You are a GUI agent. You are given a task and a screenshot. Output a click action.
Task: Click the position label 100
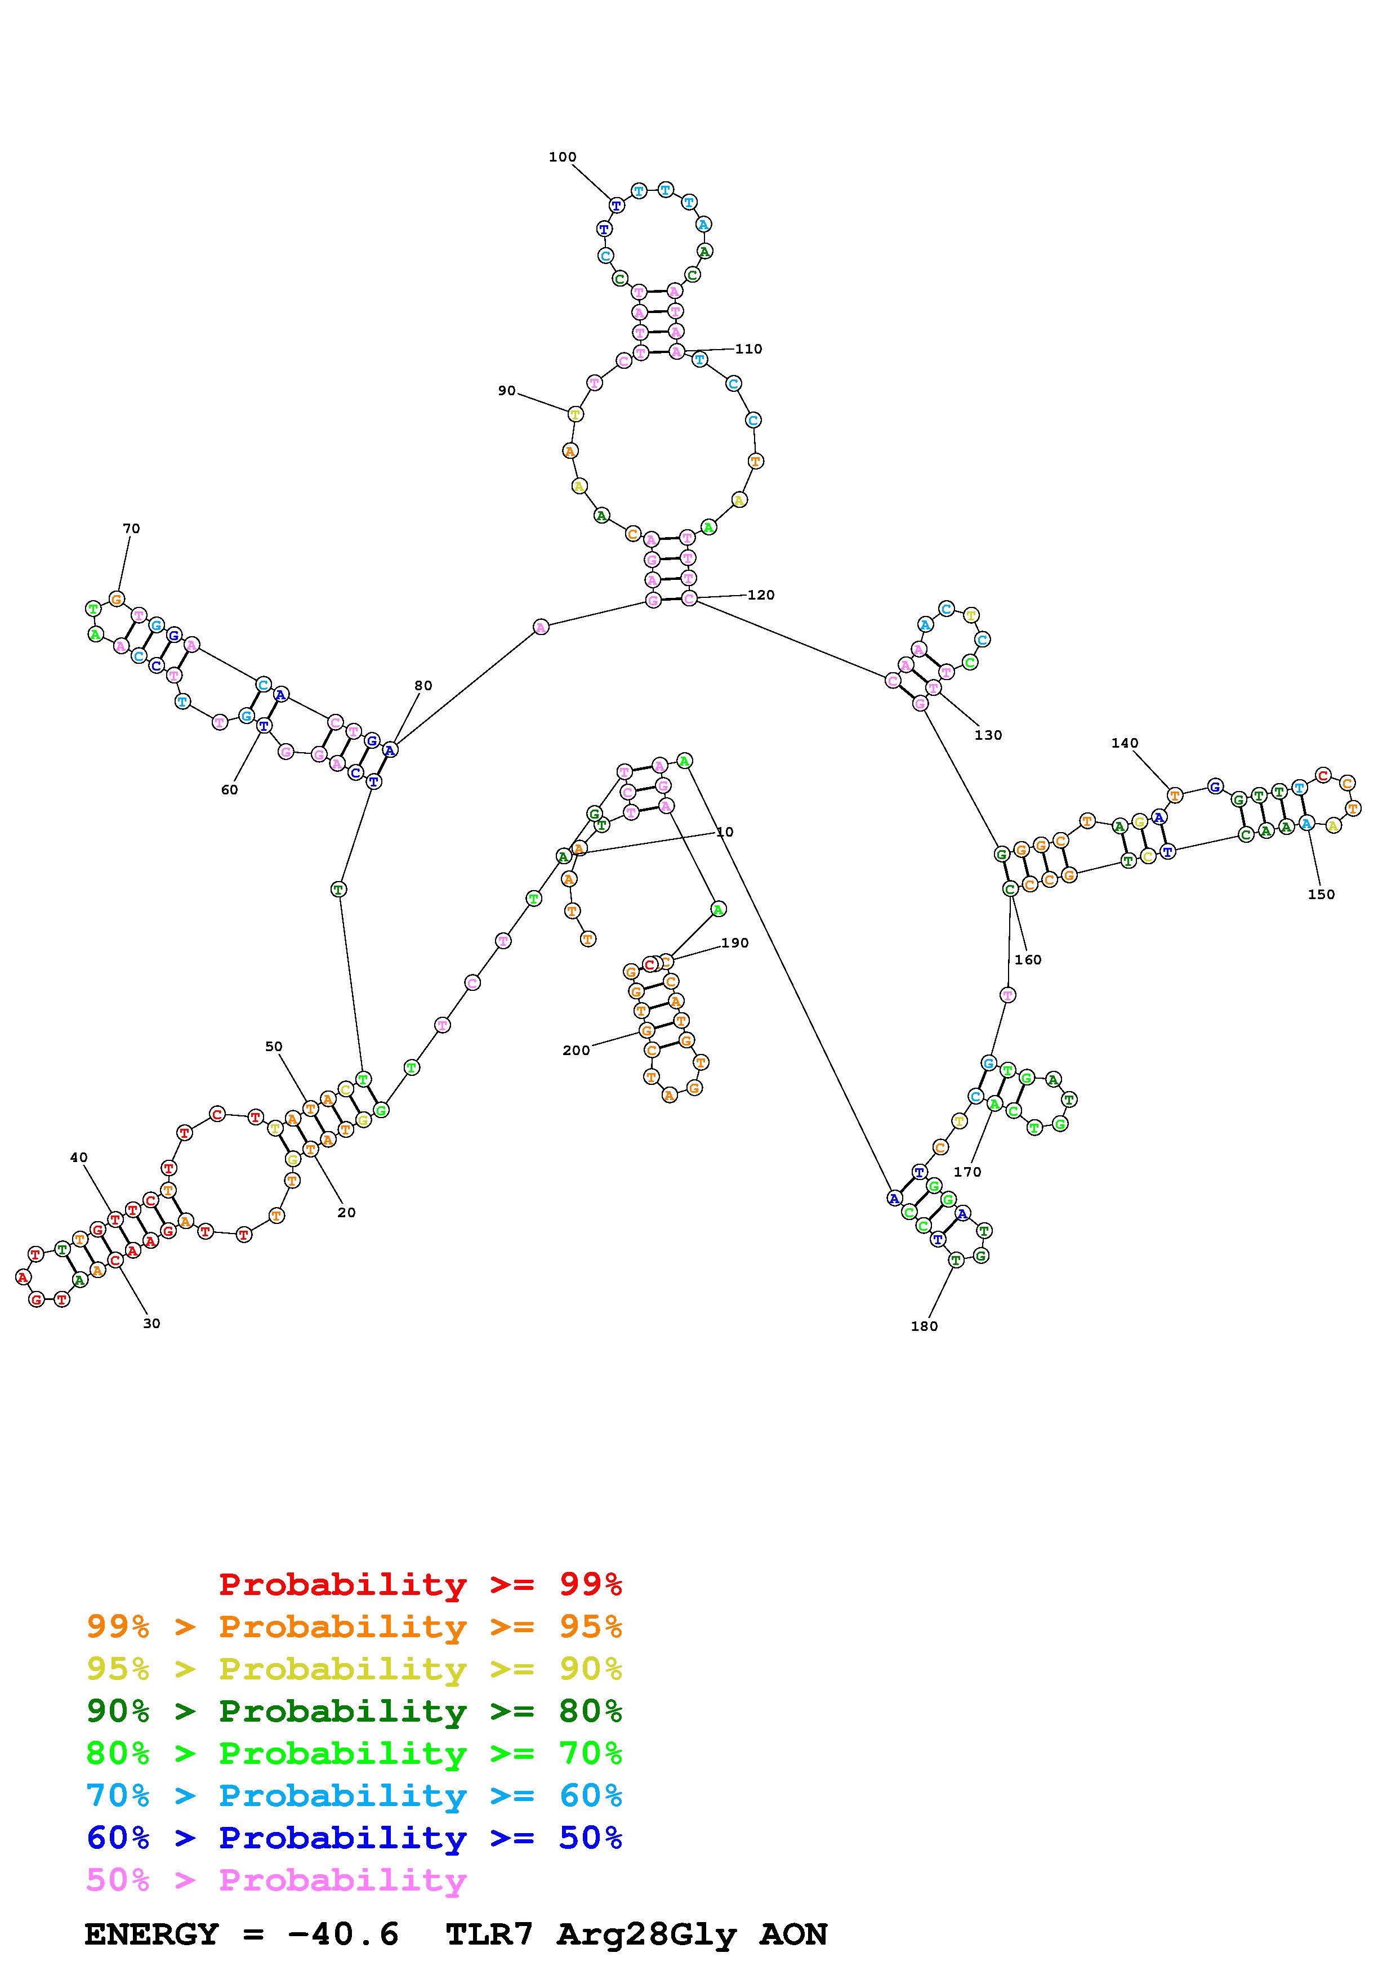pyautogui.click(x=563, y=157)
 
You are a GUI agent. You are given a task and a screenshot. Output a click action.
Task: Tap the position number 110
pyautogui.click(x=748, y=348)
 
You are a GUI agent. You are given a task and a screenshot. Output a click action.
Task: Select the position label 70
pyautogui.click(x=131, y=528)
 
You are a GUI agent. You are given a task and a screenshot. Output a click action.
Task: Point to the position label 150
pyautogui.click(x=1321, y=893)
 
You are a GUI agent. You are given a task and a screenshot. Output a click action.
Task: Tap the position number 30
pyautogui.click(x=151, y=1323)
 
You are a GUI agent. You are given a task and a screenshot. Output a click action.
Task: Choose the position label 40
pyautogui.click(x=78, y=1157)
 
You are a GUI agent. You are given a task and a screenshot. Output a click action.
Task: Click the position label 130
pyautogui.click(x=988, y=735)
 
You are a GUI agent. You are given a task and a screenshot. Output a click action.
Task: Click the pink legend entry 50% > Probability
pyautogui.click(x=276, y=1879)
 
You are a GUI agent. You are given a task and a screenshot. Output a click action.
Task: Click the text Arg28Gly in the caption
pyautogui.click(x=647, y=1934)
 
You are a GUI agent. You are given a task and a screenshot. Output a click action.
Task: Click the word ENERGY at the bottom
pyautogui.click(x=151, y=1934)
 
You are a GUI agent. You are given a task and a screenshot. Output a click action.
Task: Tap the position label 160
pyautogui.click(x=1028, y=959)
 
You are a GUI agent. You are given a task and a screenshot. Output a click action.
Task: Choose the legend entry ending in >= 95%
pyautogui.click(x=354, y=1627)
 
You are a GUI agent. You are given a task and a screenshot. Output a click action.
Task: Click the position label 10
pyautogui.click(x=725, y=832)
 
